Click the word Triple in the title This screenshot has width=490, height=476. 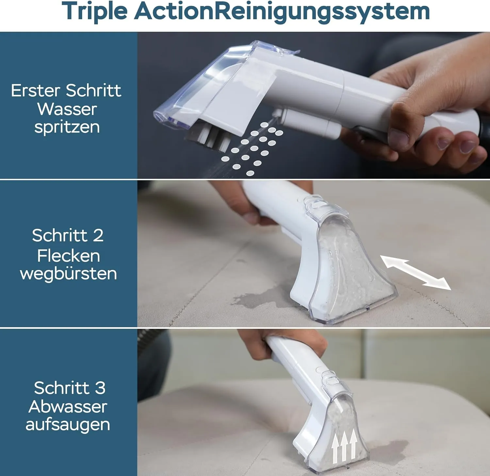94,12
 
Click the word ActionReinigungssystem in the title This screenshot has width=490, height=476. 282,12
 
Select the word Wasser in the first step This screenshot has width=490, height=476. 67,109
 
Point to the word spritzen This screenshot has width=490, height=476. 67,128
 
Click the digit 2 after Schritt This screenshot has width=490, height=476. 98,236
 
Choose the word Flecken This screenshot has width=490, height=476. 68,256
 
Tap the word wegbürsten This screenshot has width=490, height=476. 68,274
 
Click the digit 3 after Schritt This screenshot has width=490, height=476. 100,388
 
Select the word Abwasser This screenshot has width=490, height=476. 68,406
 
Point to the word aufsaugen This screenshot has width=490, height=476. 68,425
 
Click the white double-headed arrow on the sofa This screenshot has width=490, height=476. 416,272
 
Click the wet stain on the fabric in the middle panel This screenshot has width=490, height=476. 261,299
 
